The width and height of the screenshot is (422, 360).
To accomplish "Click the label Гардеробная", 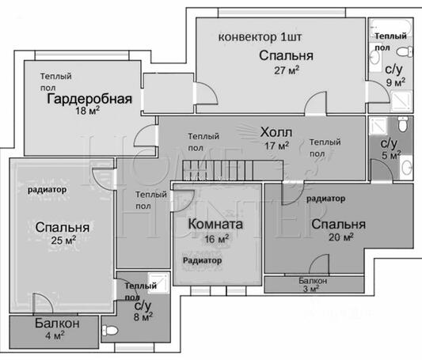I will pos(88,99).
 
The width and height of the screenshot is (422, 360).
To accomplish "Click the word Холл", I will pos(276,131).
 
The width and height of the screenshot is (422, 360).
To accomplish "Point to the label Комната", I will pos(215,224).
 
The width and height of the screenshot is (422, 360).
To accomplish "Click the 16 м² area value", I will pos(215,237).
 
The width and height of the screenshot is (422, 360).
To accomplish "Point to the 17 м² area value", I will pos(276,146).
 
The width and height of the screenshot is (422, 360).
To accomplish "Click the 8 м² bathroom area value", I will pos(143,316).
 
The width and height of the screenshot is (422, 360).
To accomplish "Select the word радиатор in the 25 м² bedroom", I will pos(47,190).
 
